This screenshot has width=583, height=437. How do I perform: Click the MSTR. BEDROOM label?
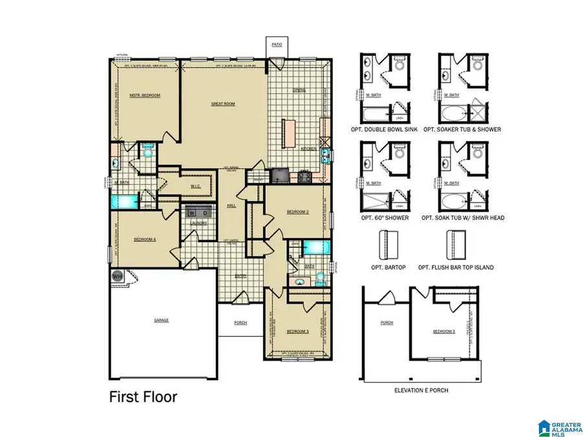pyautogui.click(x=144, y=95)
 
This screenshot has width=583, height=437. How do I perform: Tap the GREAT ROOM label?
pyautogui.click(x=223, y=104)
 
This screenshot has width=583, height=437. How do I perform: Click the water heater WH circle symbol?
pyautogui.click(x=117, y=276)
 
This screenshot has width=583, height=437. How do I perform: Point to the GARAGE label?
pyautogui.click(x=161, y=320)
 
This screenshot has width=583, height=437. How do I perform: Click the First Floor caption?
pyautogui.click(x=143, y=397)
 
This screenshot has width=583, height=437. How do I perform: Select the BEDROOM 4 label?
pyautogui.click(x=144, y=240)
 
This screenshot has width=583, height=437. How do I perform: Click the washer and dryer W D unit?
pyautogui.click(x=198, y=212)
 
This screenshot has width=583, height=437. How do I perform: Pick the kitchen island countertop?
pyautogui.click(x=288, y=134)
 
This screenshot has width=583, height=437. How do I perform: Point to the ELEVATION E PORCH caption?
pyautogui.click(x=421, y=390)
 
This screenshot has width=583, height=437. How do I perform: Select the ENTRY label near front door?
pyautogui.click(x=240, y=276)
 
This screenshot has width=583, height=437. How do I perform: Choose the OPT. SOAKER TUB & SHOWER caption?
pyautogui.click(x=462, y=129)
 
